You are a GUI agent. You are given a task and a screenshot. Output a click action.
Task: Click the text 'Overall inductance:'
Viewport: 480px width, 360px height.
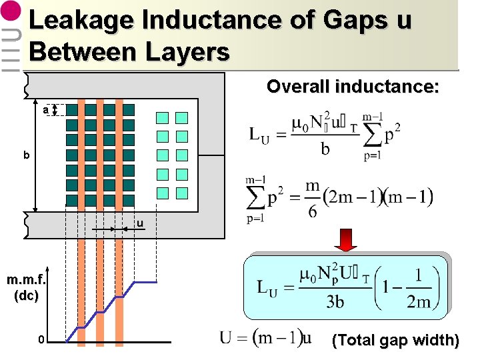[x=353, y=87]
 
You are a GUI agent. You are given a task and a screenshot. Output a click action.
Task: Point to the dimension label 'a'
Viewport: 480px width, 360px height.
[x=45, y=109]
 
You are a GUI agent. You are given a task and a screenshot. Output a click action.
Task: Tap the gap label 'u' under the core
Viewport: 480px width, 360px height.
[x=140, y=223]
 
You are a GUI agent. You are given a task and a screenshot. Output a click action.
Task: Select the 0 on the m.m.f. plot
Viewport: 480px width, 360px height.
[x=41, y=340]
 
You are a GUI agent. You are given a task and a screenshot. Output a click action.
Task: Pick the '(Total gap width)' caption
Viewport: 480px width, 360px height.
[x=395, y=341]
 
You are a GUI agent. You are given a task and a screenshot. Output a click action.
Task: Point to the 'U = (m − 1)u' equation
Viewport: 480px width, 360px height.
[x=265, y=338]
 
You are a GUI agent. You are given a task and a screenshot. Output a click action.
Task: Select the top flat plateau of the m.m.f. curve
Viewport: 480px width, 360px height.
[x=146, y=283]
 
